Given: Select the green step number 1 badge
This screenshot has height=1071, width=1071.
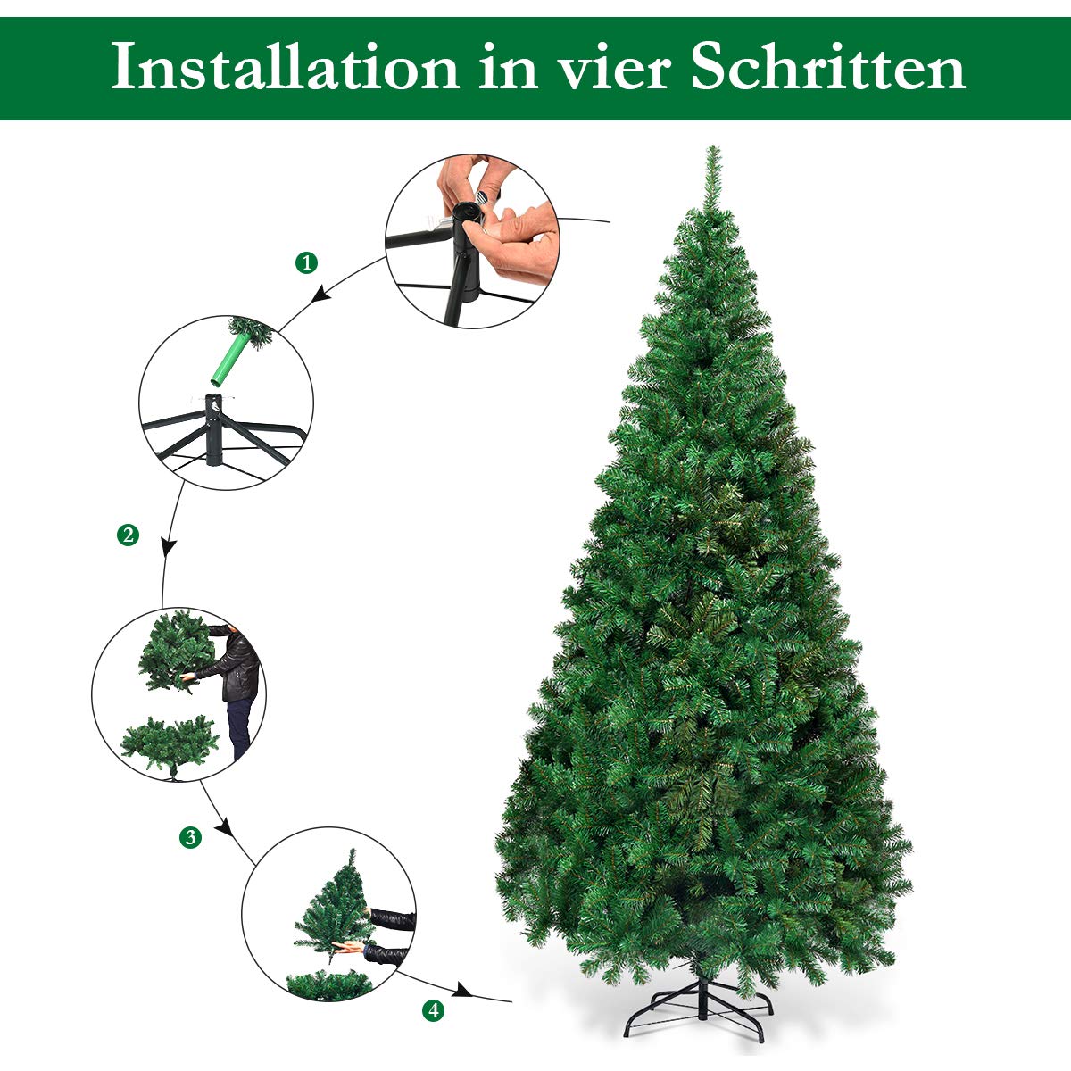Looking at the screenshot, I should point(306,262).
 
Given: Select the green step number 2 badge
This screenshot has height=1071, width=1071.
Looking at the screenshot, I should point(128,535).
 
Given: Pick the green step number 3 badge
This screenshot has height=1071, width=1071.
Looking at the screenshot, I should point(190,837).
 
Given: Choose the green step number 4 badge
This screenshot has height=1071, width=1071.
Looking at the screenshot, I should point(433,1010).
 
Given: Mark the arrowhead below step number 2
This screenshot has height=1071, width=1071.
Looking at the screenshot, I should point(166,546).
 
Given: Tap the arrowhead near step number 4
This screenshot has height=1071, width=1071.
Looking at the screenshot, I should point(461,991).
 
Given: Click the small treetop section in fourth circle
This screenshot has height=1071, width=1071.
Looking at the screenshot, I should point(331,901).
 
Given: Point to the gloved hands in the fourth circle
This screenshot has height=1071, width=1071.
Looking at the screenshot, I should point(384,933).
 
